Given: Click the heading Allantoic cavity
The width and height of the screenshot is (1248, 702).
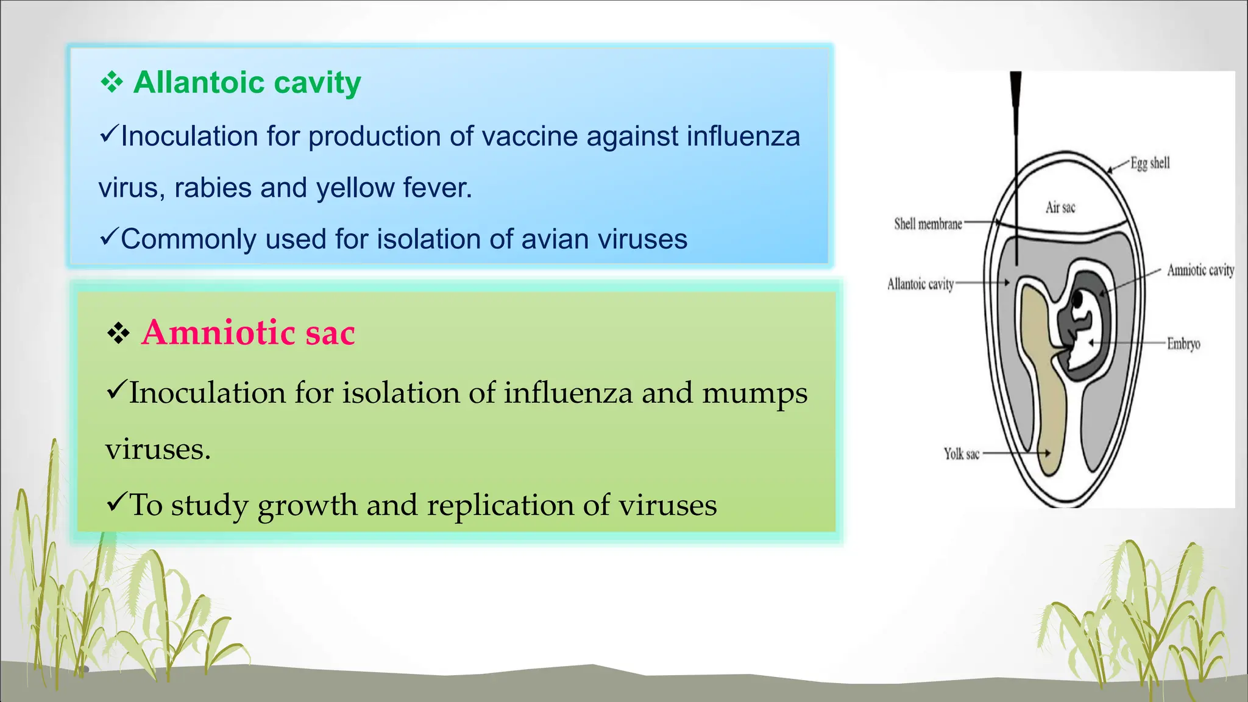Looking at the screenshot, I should (x=247, y=82).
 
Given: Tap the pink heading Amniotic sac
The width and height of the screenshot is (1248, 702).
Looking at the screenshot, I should (x=248, y=333).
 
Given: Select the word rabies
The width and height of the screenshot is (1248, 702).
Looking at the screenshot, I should (x=213, y=188).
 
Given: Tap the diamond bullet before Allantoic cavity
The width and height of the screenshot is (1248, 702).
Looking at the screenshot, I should (x=112, y=82).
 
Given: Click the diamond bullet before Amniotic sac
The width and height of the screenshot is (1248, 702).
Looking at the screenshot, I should (x=118, y=333).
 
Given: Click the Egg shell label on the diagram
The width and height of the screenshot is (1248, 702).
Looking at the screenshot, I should (x=1150, y=163).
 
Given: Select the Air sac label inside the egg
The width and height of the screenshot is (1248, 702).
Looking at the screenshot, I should (x=1060, y=207).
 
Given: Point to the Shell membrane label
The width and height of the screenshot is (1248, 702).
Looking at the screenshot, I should (x=927, y=224).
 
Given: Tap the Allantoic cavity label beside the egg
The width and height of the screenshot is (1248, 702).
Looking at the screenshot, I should (x=920, y=284).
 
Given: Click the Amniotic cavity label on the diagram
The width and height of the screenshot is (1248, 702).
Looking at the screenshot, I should (x=1200, y=270).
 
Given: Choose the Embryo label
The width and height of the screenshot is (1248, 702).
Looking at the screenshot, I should (x=1183, y=344).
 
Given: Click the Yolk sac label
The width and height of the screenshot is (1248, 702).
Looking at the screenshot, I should (x=961, y=454).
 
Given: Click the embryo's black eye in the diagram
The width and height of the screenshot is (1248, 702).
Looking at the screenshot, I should (x=1077, y=300).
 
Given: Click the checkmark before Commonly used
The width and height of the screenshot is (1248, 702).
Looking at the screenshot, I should (x=108, y=237).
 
